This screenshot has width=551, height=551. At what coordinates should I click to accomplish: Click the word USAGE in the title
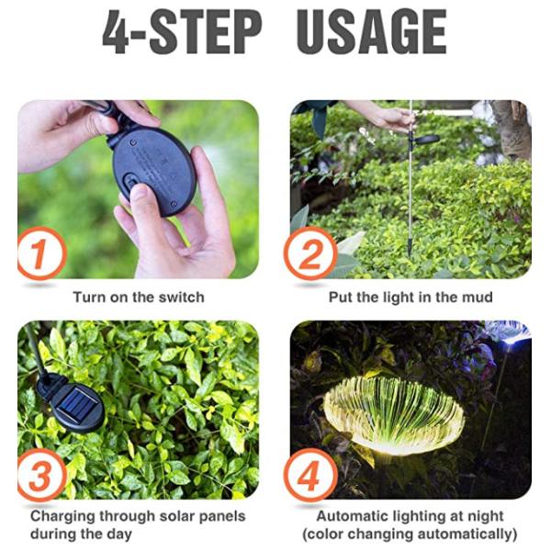372,34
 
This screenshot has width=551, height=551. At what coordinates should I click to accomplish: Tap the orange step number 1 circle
41,253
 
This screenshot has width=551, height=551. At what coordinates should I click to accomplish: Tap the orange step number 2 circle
309,253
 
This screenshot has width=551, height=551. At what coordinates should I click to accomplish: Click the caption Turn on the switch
139,298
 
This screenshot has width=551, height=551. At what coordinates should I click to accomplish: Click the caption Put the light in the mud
410,298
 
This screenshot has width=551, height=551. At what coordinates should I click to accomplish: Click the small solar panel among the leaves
76,402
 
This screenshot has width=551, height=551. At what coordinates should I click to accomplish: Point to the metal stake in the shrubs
410,202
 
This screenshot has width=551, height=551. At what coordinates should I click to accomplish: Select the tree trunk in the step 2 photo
512,129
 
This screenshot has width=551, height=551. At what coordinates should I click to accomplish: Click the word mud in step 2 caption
477,298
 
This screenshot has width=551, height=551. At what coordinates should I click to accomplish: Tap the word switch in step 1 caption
183,298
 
